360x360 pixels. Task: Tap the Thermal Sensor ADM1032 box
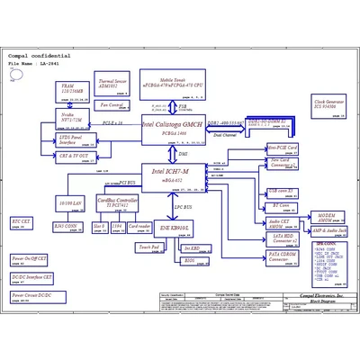pos(113,84)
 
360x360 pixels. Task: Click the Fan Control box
pos(112,104)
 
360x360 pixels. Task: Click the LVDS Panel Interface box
pos(73,139)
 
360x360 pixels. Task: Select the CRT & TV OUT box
pos(73,156)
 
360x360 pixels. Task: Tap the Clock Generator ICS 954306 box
pos(329,105)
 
